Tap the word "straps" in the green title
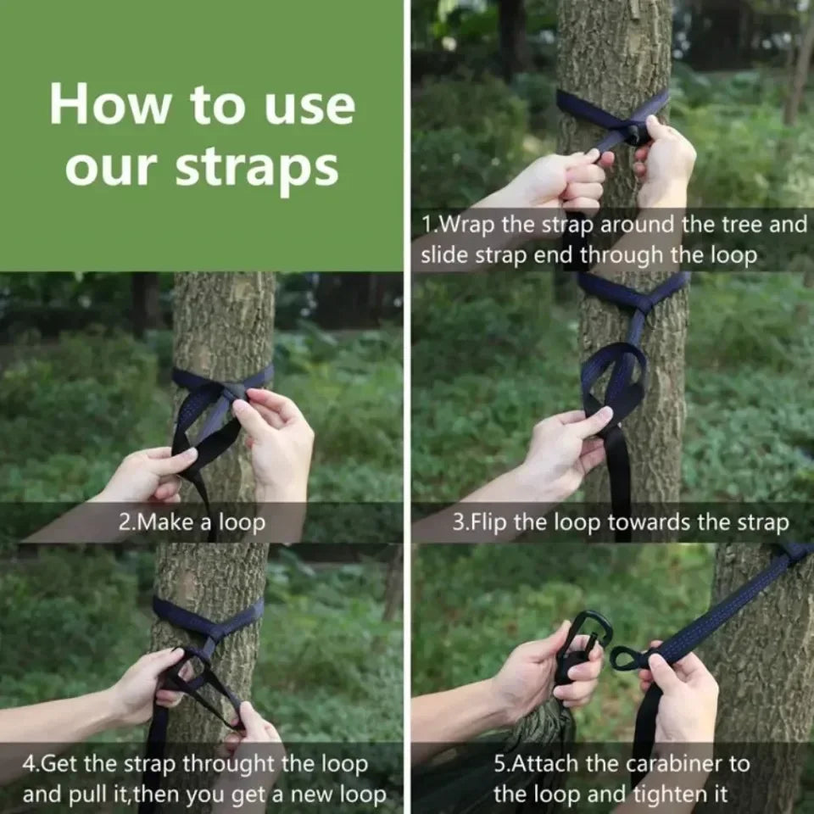(x=257, y=168)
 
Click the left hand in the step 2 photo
(x=149, y=475)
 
